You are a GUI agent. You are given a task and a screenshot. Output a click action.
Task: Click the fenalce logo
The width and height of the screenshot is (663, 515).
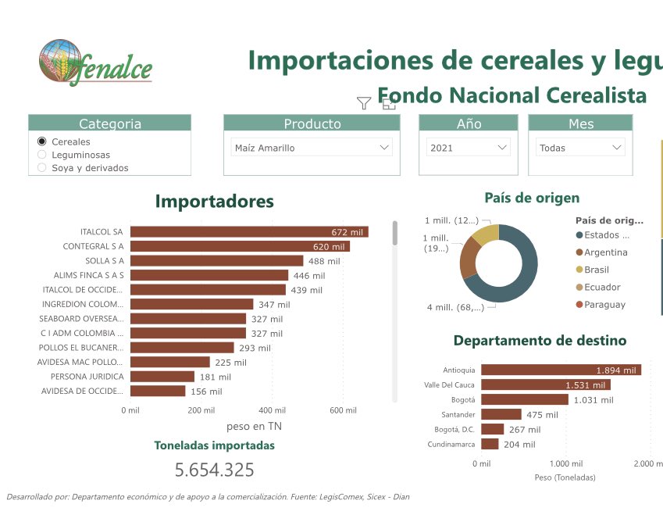click(x=95, y=62)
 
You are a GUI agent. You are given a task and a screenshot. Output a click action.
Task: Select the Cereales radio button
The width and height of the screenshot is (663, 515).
click(x=42, y=141)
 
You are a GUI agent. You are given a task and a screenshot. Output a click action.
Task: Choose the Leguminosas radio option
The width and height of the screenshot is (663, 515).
click(x=42, y=155)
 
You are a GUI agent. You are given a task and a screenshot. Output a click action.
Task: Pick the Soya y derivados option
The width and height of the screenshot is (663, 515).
click(x=42, y=167)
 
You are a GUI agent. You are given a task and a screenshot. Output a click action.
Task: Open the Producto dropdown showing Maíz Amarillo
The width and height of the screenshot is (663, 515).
click(x=312, y=148)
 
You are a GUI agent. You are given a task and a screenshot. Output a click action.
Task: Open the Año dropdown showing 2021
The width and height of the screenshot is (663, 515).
click(x=469, y=148)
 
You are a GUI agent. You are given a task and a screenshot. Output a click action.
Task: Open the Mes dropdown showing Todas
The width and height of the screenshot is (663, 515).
click(x=580, y=148)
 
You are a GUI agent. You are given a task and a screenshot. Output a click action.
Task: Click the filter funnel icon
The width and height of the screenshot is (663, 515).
click(x=364, y=103)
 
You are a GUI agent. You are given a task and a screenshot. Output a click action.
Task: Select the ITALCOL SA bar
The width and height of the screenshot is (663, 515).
click(x=248, y=232)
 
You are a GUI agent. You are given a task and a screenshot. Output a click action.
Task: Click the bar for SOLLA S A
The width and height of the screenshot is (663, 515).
click(x=216, y=261)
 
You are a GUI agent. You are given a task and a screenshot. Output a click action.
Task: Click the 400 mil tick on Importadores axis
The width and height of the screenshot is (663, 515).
click(x=272, y=410)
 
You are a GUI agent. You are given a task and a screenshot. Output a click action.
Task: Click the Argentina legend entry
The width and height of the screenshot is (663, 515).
click(x=604, y=252)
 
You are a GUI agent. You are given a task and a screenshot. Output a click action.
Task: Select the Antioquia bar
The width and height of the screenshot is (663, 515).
click(x=560, y=370)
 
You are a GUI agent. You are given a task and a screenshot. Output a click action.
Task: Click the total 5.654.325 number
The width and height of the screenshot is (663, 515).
click(x=214, y=470)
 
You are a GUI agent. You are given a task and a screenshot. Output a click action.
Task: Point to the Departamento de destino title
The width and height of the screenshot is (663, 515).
click(x=540, y=341)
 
